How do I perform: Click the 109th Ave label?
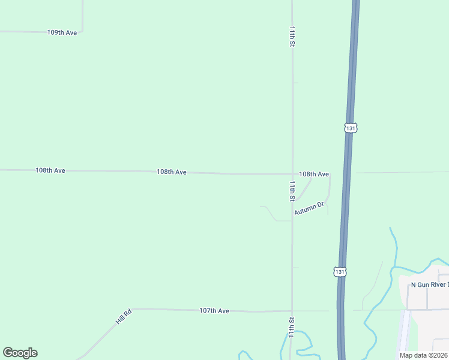[x=62, y=32]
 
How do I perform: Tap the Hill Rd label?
[x=124, y=317]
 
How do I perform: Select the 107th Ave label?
[x=214, y=311]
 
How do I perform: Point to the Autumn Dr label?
[x=309, y=209]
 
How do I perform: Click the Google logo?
[x=20, y=353]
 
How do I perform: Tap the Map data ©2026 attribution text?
[x=424, y=355]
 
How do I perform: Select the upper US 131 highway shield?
[x=351, y=128]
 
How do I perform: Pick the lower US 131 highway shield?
[x=340, y=272]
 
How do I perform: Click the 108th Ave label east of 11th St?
[x=314, y=174]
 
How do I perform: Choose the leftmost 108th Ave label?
[x=50, y=170]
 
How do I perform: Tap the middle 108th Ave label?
[x=172, y=172]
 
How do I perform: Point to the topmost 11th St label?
[x=292, y=36]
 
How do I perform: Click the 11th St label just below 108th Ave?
[x=292, y=191]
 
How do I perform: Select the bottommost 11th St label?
[x=292, y=328]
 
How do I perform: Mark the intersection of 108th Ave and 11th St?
[x=292, y=174]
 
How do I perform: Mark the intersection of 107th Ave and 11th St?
[x=292, y=311]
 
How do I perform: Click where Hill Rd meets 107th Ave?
[x=131, y=309]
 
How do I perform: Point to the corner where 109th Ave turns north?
[x=82, y=31]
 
